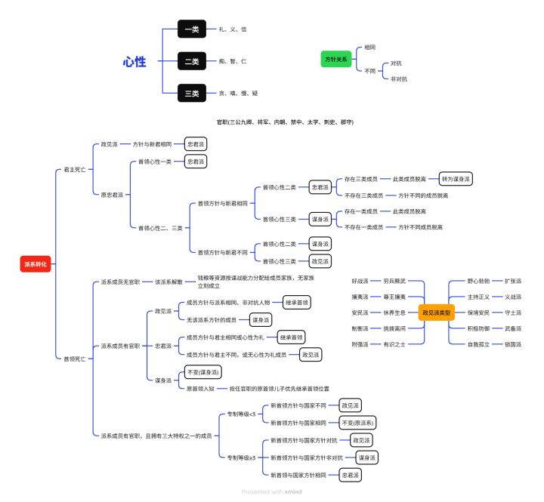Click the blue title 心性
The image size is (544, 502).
134,61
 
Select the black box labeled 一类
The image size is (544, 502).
192,29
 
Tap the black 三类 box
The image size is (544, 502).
192,94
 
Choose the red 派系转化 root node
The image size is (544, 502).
36,264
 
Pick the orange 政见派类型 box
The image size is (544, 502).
436,312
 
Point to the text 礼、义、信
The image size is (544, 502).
233,29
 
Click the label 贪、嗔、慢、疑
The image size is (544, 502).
238,94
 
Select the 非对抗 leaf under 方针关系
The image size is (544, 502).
399,79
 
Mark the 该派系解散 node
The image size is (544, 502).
169,282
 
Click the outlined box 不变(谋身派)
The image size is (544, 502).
203,372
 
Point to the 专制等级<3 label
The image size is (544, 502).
243,414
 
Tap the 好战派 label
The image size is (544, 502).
360,281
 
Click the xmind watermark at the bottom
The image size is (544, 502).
271,491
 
